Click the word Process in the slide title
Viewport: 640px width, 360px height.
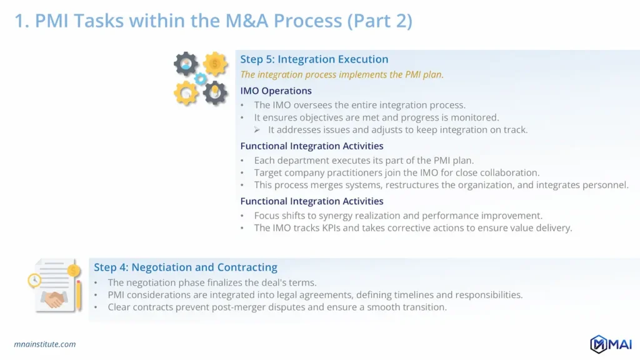(307, 21)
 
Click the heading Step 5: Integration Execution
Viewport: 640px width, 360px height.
(314, 59)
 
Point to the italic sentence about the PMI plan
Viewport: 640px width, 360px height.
(342, 75)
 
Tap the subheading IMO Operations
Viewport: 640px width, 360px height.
(276, 91)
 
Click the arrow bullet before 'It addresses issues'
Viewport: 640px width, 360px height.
(257, 130)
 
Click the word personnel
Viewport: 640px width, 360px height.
(605, 185)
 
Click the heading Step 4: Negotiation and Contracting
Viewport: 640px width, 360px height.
(186, 267)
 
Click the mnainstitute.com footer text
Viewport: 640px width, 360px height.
(44, 344)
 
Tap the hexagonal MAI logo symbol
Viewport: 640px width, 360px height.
(599, 344)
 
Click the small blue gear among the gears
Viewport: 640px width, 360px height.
(201, 79)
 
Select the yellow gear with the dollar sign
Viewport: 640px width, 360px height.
(215, 64)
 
